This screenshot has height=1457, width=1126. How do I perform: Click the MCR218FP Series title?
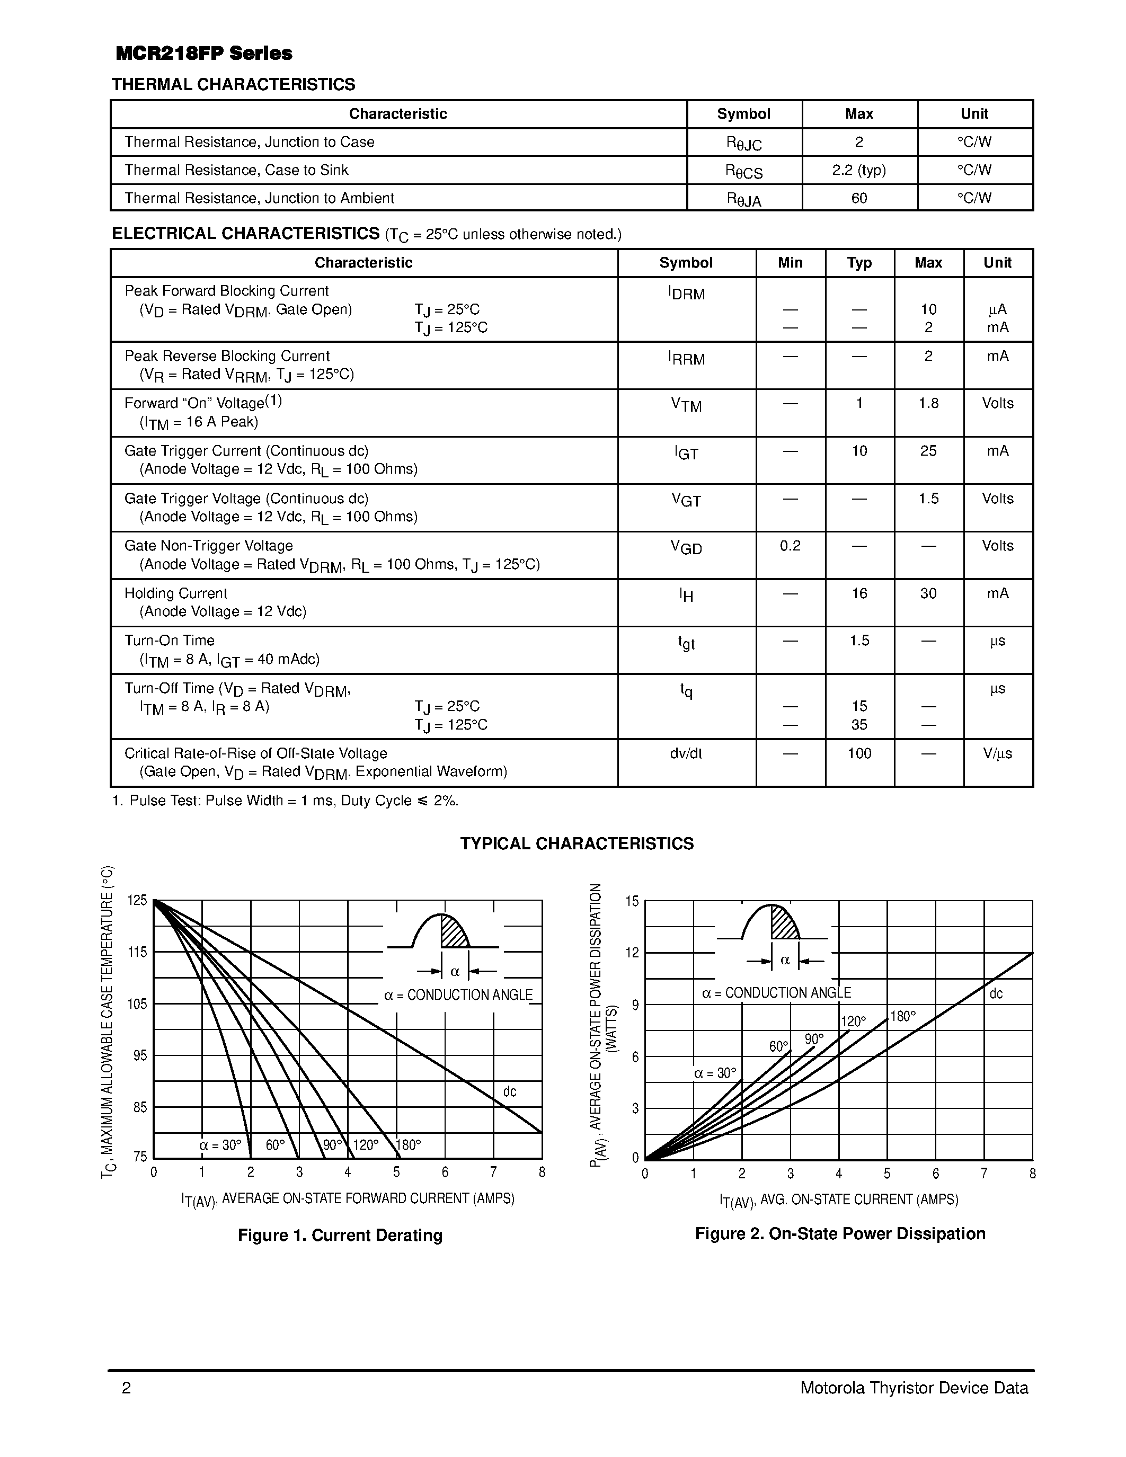203,54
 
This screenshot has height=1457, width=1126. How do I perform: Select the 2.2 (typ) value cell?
858,170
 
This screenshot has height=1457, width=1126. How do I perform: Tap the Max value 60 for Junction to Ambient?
858,198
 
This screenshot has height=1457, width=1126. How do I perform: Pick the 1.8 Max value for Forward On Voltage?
928,403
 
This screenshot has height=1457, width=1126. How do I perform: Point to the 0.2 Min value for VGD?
790,546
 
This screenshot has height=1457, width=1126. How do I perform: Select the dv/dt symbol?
686,753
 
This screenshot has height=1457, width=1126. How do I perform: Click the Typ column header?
858,263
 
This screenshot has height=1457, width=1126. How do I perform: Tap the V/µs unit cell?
997,753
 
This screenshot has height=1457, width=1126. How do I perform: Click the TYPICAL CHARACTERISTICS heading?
577,844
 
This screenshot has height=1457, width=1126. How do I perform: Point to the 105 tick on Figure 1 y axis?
137,1004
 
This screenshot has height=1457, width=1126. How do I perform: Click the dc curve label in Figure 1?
509,1091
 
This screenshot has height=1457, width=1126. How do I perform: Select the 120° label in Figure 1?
365,1145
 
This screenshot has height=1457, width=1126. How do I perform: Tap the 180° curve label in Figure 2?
903,1017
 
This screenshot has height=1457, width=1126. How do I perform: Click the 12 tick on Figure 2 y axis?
632,953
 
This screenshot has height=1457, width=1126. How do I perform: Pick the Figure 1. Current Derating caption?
340,1236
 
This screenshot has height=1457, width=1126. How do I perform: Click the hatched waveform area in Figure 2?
783,925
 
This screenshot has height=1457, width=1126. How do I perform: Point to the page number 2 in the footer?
126,1388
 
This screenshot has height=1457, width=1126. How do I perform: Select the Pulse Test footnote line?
286,801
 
